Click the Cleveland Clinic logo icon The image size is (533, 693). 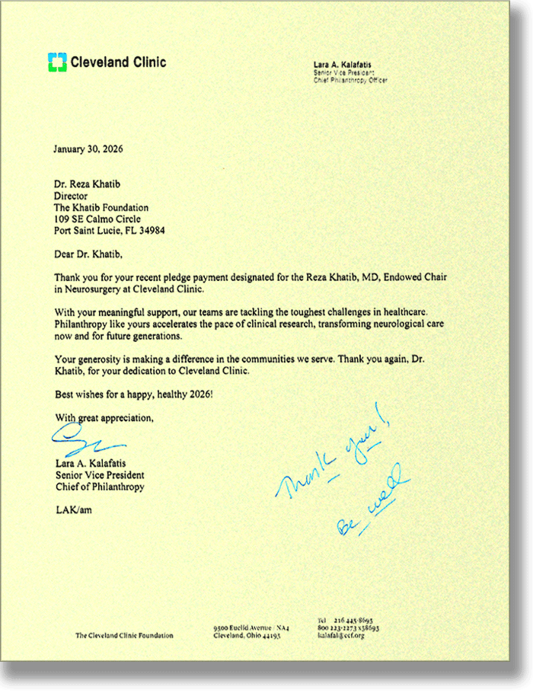pyautogui.click(x=57, y=62)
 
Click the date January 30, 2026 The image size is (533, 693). pyautogui.click(x=88, y=148)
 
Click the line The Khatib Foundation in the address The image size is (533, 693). pyautogui.click(x=101, y=207)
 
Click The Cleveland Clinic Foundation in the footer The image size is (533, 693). pyautogui.click(x=123, y=635)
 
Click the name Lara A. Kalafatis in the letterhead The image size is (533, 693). pyautogui.click(x=343, y=65)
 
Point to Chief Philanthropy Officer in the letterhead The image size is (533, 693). pyautogui.click(x=350, y=79)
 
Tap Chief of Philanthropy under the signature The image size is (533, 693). pyautogui.click(x=99, y=487)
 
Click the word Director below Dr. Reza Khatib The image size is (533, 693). pyautogui.click(x=72, y=196)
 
